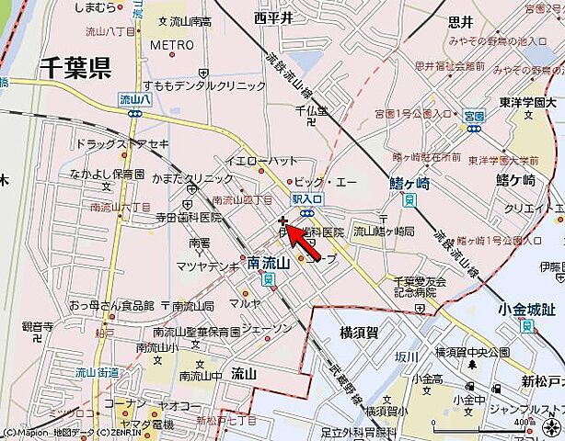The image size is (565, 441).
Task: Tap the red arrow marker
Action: [304, 241]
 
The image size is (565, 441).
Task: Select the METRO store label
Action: [172, 44]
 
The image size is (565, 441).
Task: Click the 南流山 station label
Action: [269, 264]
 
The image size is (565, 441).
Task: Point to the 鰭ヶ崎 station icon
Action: [408, 198]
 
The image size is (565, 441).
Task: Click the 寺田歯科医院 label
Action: [188, 218]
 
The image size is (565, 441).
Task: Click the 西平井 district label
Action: [273, 17]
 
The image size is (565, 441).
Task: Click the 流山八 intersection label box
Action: [134, 98]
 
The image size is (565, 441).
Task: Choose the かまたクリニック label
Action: [196, 179]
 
